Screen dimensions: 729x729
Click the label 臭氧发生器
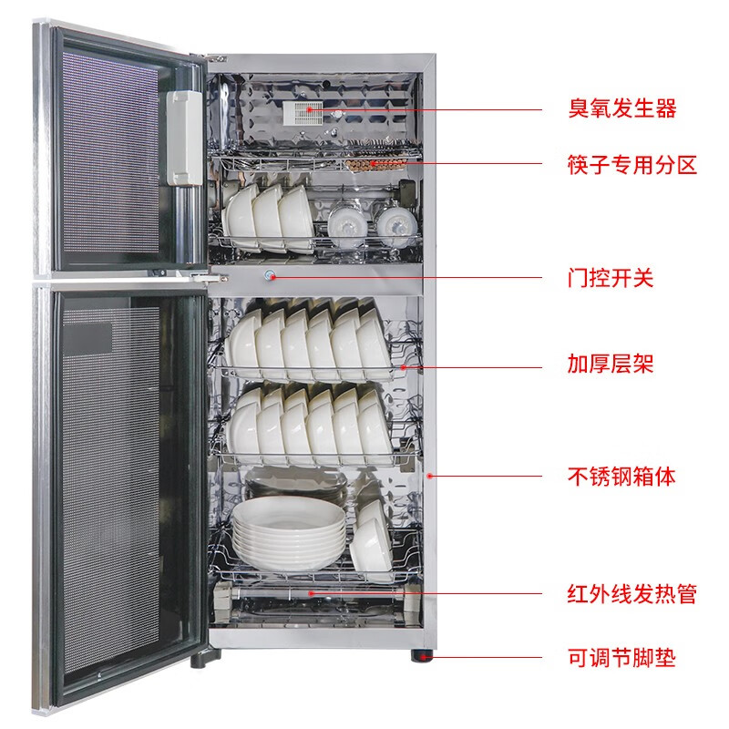coord(622,108)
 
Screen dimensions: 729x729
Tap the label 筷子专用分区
coord(632,165)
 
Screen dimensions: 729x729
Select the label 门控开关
coord(611,278)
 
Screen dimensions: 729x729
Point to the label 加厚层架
coord(611,364)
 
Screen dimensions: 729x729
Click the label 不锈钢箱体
coord(621,477)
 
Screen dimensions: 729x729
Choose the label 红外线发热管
coord(632,594)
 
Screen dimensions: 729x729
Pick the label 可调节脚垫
coord(621,658)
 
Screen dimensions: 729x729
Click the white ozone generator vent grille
coord(303,113)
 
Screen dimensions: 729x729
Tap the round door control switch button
coord(270,276)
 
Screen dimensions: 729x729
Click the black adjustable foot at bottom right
coord(422,656)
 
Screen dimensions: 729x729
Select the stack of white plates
coord(290,533)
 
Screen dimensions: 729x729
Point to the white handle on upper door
coord(184,139)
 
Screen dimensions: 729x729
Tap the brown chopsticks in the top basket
coord(375,164)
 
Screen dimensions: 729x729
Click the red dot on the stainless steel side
coord(430,476)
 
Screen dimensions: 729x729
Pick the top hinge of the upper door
coord(216,58)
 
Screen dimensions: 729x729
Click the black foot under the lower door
coord(206,659)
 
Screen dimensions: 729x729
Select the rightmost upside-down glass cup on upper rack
coord(395,226)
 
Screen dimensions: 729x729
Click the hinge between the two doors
coord(210,279)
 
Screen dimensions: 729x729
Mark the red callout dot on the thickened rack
coord(403,368)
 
